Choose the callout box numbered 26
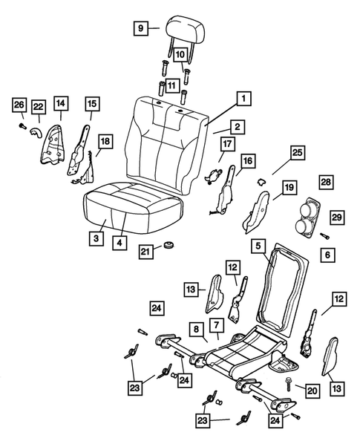tap(19, 107)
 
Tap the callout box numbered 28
tap(326, 183)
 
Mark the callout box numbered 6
tap(326, 254)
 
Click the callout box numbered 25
tap(296, 151)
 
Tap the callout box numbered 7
tap(215, 325)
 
